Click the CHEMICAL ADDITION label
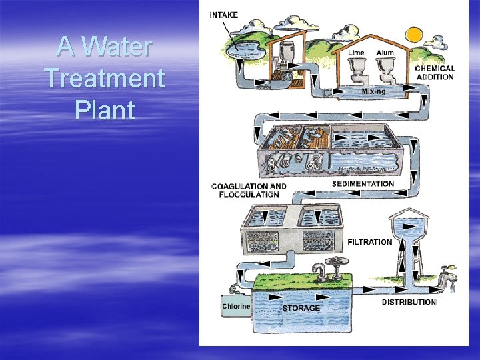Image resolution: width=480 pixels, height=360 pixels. click(x=435, y=72)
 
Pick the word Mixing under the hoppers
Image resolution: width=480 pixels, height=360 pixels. click(x=373, y=91)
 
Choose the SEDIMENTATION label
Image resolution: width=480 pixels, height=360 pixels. click(x=363, y=183)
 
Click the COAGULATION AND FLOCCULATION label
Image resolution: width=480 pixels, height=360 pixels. click(x=249, y=191)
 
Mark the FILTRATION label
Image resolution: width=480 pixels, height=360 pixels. click(x=369, y=241)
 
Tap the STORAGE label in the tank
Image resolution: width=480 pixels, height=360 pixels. click(x=301, y=308)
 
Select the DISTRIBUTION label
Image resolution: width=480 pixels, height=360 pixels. click(x=409, y=302)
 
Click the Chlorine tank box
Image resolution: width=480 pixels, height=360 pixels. click(x=235, y=306)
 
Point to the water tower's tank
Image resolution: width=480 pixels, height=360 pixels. click(x=409, y=227)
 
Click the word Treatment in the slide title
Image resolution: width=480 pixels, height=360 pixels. click(x=105, y=79)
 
